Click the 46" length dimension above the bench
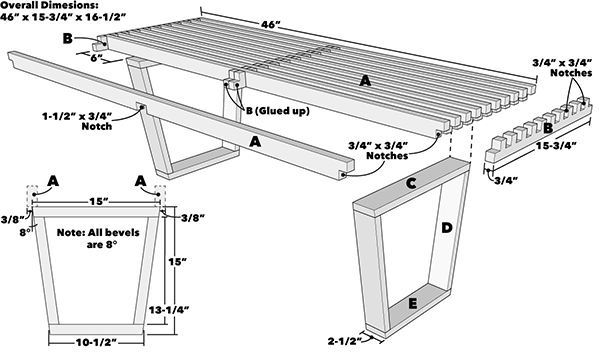pos(271,24)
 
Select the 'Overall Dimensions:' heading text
pos(49,5)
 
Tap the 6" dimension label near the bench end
pos(97,58)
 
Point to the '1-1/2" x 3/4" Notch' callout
pos(77,121)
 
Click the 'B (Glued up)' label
pos(277,111)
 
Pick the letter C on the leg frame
pos(411,184)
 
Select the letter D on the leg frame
pos(447,228)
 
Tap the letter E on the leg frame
pos(412,304)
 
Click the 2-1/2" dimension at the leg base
pos(345,341)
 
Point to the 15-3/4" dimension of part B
pos(556,146)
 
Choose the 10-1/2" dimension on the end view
pos(97,342)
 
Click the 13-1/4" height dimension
pos(169,309)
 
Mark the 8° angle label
pos(25,232)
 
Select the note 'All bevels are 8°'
pos(98,238)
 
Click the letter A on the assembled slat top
pos(365,81)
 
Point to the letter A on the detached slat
pos(255,142)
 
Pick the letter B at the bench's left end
pos(67,39)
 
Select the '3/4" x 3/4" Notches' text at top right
pos(562,67)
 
